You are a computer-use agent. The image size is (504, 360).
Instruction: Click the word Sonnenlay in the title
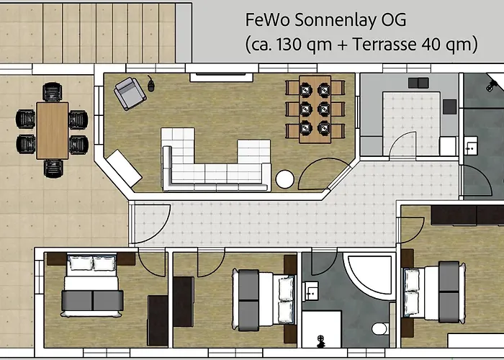coord(336,20)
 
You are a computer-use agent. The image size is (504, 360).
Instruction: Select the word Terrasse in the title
coord(384,44)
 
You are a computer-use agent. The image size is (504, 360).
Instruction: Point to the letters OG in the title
coord(393,19)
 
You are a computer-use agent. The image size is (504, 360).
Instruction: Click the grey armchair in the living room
coord(130,94)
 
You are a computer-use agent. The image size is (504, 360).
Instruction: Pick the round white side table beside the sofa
coord(285,179)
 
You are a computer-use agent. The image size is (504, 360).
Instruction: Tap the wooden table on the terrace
coord(53,130)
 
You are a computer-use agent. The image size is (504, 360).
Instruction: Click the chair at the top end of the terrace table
coord(53,92)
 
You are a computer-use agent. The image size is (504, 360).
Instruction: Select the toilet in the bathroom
coord(380,328)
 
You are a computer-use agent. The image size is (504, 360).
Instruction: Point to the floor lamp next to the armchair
coord(150,84)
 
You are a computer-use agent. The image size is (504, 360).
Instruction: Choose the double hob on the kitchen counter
coord(418,83)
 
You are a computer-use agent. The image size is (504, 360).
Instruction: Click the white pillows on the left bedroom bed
coord(92,264)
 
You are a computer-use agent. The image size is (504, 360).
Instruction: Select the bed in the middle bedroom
coord(264,299)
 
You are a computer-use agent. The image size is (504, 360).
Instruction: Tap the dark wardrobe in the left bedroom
coord(158,321)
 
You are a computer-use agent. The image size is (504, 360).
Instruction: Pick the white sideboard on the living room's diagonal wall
coord(124,168)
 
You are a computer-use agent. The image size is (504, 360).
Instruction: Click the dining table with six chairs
coord(315,109)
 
